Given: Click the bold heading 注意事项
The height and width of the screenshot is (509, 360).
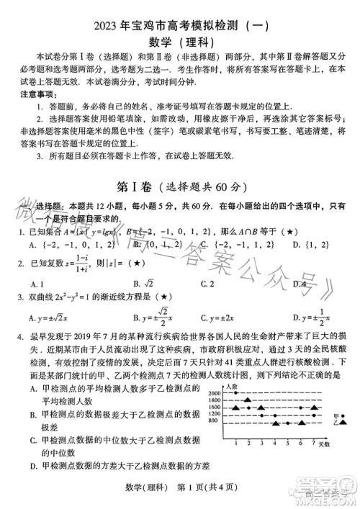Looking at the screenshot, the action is tap(35, 94).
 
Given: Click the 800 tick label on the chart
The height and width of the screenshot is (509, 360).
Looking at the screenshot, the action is tap(215, 420).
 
